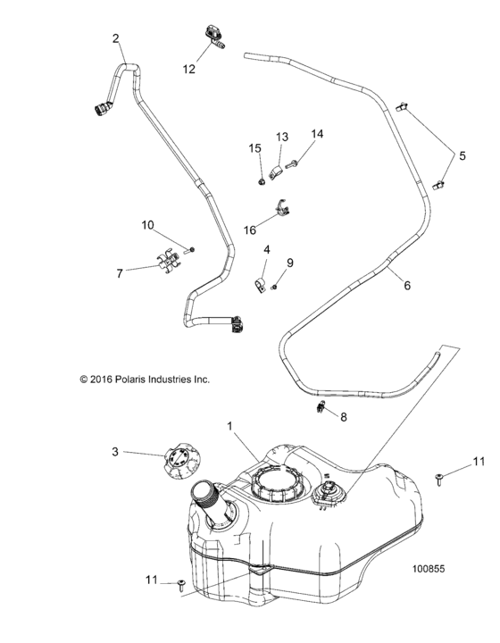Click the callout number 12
tap(189, 68)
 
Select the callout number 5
tap(462, 155)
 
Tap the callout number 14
tap(317, 134)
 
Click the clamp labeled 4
tap(261, 285)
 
